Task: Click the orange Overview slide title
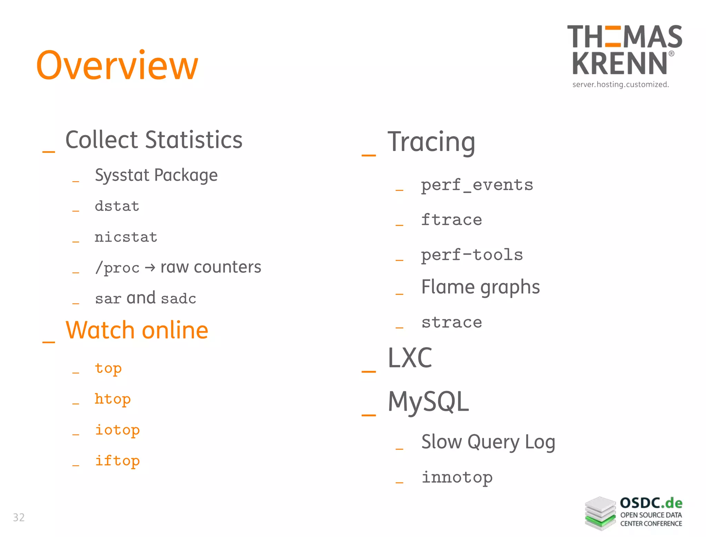117,65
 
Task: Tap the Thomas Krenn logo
624,55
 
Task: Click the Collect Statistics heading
154,140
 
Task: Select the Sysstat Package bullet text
156,175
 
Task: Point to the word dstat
117,206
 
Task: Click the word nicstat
126,237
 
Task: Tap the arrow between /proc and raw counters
150,267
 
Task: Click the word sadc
178,298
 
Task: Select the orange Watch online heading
137,330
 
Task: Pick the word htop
113,399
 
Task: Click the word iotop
117,430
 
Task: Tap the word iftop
117,461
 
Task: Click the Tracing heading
431,142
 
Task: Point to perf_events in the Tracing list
477,185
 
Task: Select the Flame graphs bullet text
481,287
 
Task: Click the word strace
452,323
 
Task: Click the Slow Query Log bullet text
488,442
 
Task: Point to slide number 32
19,517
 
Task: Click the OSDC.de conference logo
634,513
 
